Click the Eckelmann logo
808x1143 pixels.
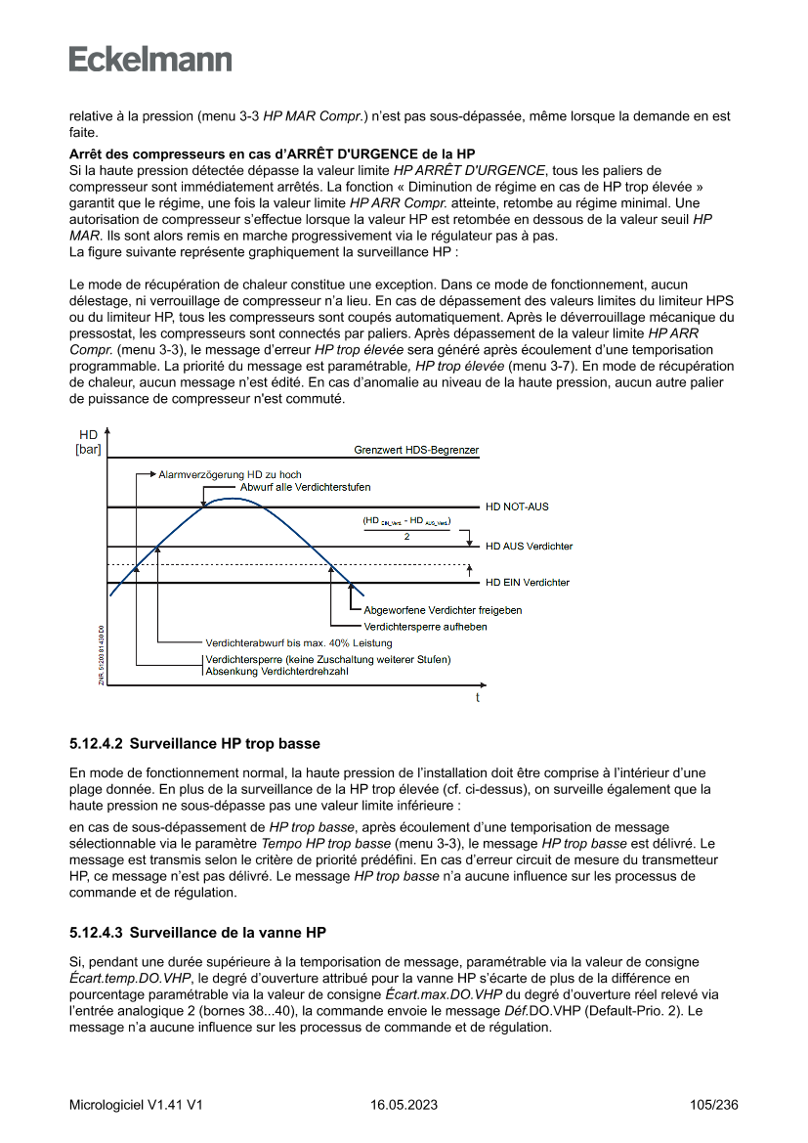[x=150, y=59]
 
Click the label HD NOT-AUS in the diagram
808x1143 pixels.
[x=517, y=506]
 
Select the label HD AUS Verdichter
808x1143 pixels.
[x=529, y=546]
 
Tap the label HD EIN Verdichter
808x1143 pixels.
[x=528, y=583]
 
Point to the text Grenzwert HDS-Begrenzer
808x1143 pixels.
[x=416, y=451]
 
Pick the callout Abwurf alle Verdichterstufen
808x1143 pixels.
[x=305, y=486]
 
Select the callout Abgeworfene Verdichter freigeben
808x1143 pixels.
[x=442, y=610]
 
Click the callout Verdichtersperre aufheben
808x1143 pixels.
[x=425, y=626]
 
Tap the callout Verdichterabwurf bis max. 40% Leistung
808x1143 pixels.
[x=298, y=642]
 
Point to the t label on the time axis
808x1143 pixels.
[x=477, y=698]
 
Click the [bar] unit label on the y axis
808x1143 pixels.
[x=88, y=450]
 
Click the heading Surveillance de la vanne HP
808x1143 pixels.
[x=228, y=932]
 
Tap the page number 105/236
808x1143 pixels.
[x=713, y=1105]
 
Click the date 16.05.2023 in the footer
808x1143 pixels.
[x=404, y=1105]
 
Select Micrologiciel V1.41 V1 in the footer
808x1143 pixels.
[x=136, y=1105]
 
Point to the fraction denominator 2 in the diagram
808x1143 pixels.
[x=406, y=537]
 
